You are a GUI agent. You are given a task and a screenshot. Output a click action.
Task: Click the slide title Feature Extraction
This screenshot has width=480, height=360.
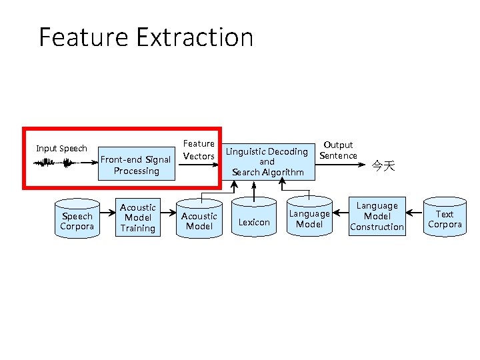[x=146, y=37]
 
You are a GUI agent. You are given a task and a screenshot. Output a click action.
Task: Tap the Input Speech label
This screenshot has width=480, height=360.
[x=61, y=148]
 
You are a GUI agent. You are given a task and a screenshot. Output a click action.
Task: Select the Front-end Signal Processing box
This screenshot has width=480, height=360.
[x=136, y=165]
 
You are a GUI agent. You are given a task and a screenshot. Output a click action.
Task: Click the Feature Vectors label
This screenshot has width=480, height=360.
[x=199, y=150]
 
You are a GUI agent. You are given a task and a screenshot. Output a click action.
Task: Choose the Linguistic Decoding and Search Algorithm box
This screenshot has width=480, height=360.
[x=267, y=161]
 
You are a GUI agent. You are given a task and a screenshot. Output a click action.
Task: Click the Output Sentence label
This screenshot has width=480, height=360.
[x=338, y=150]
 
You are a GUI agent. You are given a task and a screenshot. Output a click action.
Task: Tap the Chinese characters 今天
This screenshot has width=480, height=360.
[x=383, y=165]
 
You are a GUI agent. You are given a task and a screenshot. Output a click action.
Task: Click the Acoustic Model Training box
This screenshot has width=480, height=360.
[x=138, y=218]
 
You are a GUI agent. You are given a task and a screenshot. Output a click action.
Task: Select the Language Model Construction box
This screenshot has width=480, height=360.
[x=377, y=217]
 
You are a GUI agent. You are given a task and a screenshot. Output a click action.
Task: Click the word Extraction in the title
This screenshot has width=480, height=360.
[x=195, y=37]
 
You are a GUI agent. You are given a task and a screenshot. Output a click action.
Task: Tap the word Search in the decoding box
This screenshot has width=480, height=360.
[x=245, y=172]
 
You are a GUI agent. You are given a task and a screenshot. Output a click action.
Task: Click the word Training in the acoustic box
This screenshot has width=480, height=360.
[x=138, y=228]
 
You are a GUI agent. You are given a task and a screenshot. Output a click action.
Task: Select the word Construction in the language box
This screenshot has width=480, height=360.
[x=377, y=227]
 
